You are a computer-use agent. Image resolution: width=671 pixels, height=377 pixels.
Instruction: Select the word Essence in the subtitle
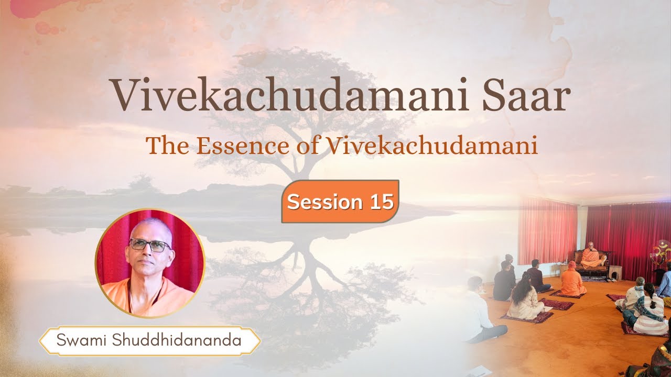244,146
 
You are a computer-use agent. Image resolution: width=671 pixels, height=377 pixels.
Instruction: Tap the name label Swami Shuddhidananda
149,341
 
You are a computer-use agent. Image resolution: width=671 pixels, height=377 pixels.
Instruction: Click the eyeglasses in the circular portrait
149,245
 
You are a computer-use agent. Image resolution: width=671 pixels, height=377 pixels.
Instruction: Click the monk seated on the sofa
592,254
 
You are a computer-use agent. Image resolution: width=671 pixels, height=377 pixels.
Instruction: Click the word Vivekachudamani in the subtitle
432,146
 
